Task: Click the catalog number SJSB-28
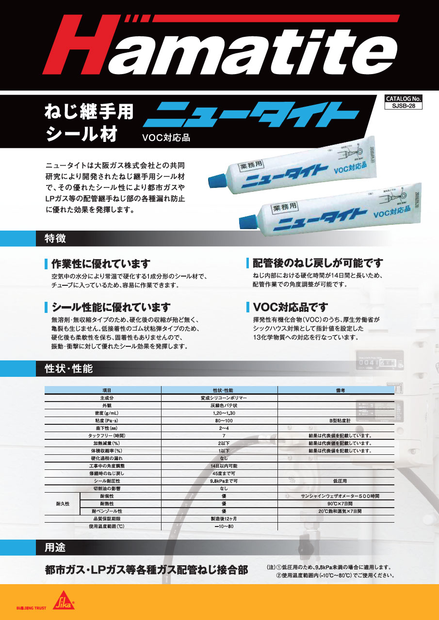pyautogui.click(x=404, y=105)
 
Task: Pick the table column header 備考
pyautogui.click(x=336, y=390)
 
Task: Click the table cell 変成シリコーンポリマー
pyautogui.click(x=219, y=398)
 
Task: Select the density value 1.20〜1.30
pyautogui.click(x=219, y=413)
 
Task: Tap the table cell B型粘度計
pyautogui.click(x=336, y=420)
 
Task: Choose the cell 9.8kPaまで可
pyautogui.click(x=219, y=481)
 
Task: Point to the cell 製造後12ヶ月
pyautogui.click(x=219, y=519)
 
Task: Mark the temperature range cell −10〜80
pyautogui.click(x=219, y=527)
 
